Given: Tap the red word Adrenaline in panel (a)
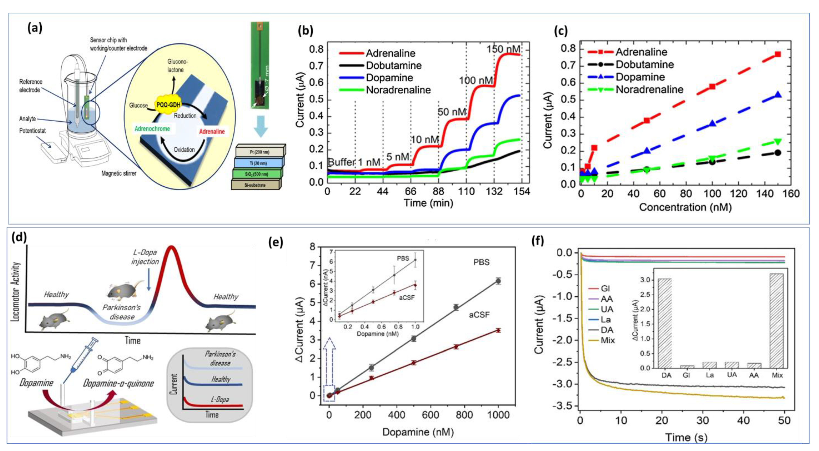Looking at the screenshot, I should click(x=212, y=131).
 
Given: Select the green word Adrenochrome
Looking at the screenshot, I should click(x=152, y=129).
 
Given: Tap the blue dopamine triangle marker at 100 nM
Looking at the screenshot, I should click(x=712, y=124).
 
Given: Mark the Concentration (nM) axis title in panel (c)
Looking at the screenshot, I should click(x=685, y=207).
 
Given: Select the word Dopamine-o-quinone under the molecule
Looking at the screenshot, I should click(x=118, y=383).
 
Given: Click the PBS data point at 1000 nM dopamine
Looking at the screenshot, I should click(x=498, y=281).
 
